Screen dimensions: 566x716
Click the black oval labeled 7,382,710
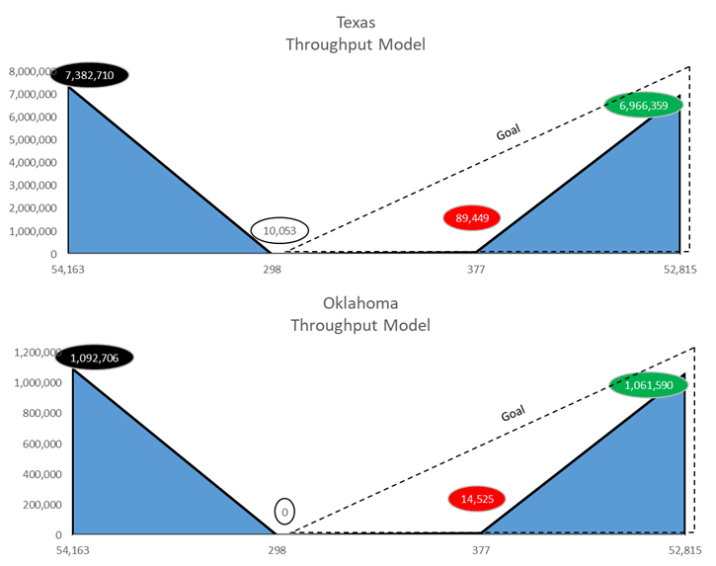(97, 75)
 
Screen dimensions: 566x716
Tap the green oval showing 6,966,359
(643, 104)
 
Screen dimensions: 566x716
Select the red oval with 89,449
(472, 218)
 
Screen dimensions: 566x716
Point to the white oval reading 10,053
(279, 230)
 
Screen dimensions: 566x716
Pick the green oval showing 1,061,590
(647, 385)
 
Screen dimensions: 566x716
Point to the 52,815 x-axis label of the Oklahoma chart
(681, 549)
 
